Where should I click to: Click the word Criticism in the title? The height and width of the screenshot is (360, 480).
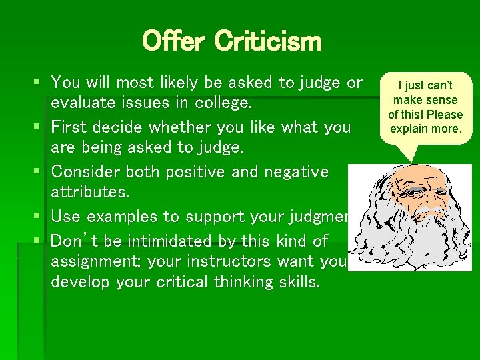coord(268,41)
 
